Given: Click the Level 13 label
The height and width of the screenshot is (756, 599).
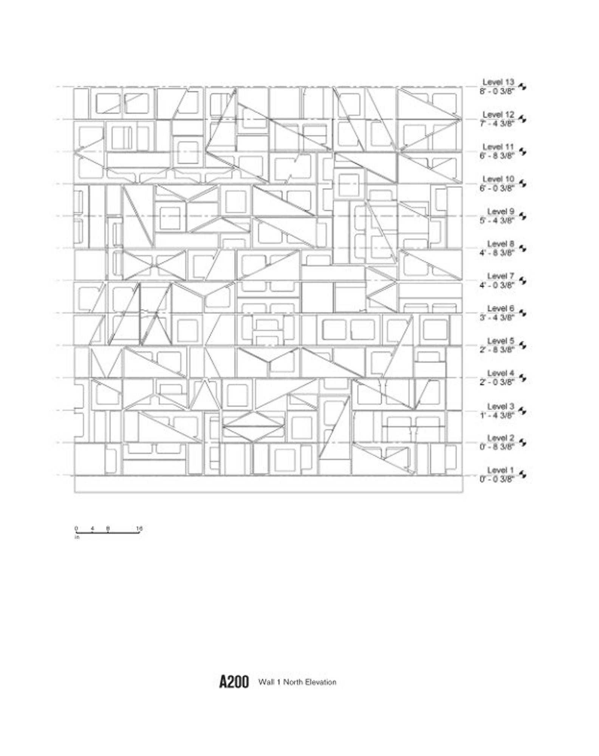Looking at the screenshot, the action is tap(498, 82).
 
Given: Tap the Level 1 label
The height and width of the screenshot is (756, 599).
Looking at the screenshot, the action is tap(500, 470).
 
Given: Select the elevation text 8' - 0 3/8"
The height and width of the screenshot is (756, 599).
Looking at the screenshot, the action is tap(497, 91).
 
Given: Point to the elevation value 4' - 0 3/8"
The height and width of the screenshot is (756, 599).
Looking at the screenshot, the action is tap(497, 285).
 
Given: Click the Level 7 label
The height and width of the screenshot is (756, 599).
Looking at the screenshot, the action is tap(500, 276).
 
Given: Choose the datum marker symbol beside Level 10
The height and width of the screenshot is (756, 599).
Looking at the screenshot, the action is tap(523, 184).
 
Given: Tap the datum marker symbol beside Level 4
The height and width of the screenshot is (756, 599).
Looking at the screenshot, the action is tap(523, 378).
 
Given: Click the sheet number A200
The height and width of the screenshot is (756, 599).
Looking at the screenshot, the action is tap(234, 682).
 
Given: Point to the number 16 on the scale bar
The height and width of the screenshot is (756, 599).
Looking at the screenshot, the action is tap(139, 528).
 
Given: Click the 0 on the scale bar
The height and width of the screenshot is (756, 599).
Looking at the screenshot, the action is tap(76, 528).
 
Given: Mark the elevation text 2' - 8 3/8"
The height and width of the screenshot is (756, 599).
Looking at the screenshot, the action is tap(497, 350).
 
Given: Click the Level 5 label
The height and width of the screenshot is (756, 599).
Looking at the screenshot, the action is tap(500, 341).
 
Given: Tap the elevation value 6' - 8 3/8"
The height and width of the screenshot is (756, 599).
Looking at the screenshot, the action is tap(497, 156).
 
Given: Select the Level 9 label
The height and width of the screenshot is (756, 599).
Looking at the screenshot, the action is tap(500, 212).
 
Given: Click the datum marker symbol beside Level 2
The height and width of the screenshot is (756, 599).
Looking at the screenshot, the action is tap(523, 442).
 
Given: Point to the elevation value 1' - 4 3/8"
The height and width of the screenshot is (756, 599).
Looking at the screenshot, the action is tap(497, 415).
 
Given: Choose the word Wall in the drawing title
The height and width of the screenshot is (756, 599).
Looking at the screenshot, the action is tap(266, 682).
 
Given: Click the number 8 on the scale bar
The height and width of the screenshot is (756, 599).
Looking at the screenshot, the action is tap(108, 528).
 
